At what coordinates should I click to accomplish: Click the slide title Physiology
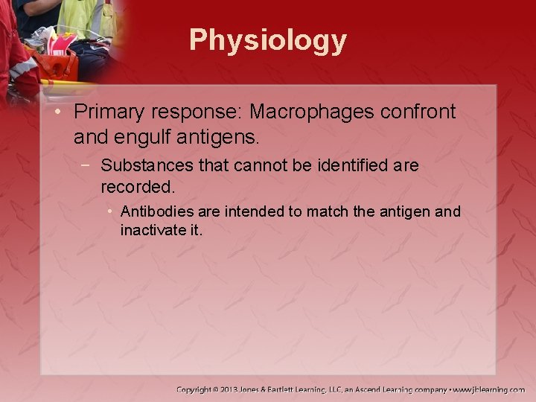[267, 40]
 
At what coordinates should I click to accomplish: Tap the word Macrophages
[313, 112]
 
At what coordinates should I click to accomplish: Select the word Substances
[142, 165]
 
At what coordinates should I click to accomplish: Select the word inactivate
[149, 231]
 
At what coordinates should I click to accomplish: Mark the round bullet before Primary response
[60, 112]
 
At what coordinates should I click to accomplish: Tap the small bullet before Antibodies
[110, 212]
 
